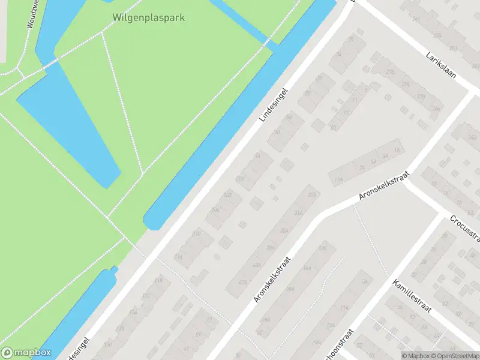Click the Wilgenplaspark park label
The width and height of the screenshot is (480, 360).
148,17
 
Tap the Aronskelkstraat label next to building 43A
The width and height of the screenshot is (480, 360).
272,279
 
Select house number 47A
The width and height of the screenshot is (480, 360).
242,282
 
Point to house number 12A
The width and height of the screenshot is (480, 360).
323,248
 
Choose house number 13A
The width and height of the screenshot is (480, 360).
338,179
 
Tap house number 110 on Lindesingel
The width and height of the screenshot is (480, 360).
196,233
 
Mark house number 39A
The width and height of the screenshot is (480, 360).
271,247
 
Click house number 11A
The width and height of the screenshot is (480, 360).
344,308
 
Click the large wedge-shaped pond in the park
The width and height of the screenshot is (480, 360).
72,120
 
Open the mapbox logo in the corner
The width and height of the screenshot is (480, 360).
26,352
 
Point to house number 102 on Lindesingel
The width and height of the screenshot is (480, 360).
227,195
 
